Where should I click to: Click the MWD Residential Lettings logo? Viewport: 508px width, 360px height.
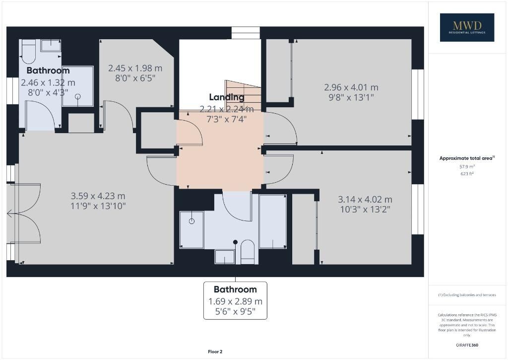click(467, 27)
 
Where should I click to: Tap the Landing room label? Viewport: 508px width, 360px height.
click(227, 97)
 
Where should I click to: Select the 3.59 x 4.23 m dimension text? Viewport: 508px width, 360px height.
click(98, 196)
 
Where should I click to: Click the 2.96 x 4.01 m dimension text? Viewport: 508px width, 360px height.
click(351, 87)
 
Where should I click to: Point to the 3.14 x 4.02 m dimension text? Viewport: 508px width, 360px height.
click(365, 199)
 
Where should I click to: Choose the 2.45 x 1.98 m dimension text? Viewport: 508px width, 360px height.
click(135, 68)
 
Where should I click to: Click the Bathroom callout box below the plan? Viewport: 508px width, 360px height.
click(235, 300)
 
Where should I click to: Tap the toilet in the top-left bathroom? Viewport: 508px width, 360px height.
click(28, 52)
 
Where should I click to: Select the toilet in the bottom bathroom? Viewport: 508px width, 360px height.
click(248, 252)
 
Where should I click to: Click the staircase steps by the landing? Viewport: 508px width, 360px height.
click(243, 96)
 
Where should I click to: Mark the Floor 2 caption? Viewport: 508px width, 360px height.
click(215, 352)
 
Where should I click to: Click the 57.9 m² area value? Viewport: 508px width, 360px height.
click(467, 167)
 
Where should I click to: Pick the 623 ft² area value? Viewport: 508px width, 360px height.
click(467, 173)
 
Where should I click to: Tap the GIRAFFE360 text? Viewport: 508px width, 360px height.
click(467, 345)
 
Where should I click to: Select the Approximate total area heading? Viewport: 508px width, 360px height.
click(467, 158)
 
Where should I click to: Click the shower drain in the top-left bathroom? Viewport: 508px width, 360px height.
click(78, 96)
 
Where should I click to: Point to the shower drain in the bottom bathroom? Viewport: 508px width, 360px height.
click(191, 221)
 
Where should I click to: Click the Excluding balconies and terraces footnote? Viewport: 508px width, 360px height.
click(467, 295)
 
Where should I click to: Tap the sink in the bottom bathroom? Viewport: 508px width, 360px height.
click(225, 257)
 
